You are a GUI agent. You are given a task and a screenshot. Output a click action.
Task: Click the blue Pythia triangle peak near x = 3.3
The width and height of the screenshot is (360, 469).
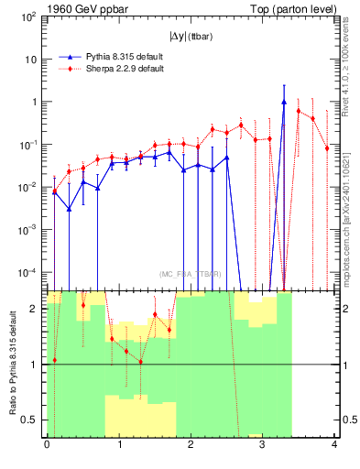[x=284, y=103]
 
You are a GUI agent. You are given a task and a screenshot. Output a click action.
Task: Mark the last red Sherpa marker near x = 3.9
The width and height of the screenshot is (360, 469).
[x=327, y=147]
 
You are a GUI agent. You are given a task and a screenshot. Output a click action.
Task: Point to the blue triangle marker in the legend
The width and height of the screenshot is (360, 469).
[x=68, y=57]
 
